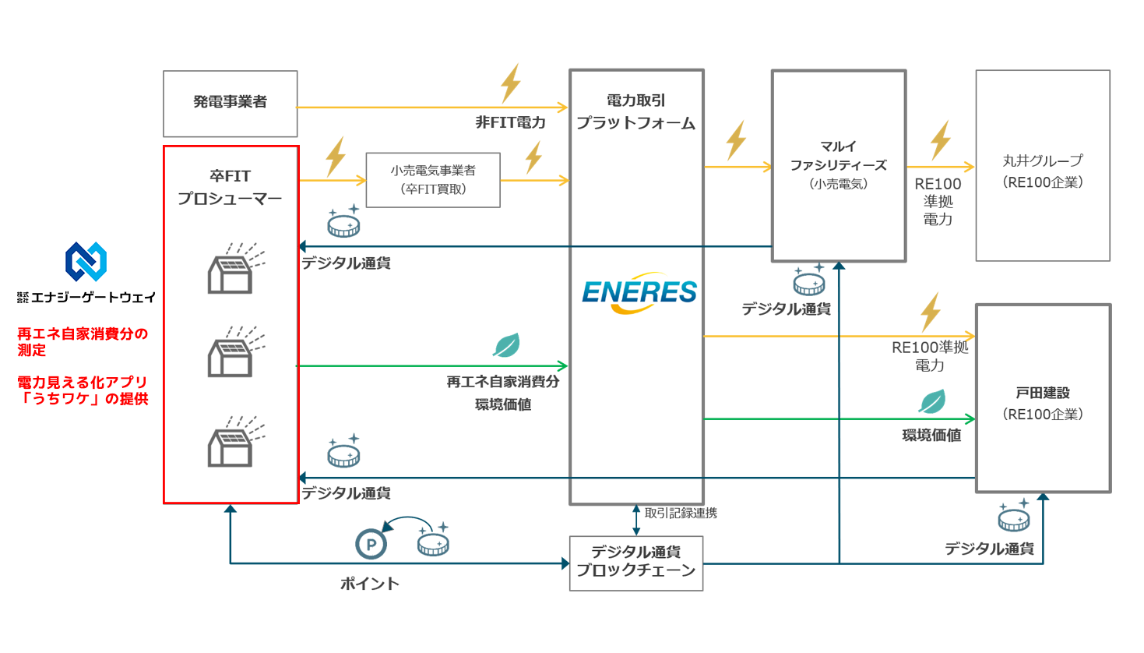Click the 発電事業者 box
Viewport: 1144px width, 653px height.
[x=230, y=103]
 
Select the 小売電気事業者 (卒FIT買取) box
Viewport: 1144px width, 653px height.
[x=433, y=180]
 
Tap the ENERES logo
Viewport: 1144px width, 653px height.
[x=639, y=293]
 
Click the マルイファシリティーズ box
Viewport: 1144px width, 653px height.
[x=838, y=165]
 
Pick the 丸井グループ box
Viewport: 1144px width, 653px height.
[x=1042, y=165]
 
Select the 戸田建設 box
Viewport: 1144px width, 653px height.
[x=1042, y=397]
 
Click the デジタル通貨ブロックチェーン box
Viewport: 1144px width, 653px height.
[x=635, y=563]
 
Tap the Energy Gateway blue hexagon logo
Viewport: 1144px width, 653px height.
[x=86, y=261]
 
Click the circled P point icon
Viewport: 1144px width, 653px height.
[x=371, y=544]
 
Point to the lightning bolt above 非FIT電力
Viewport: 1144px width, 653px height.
[x=510, y=83]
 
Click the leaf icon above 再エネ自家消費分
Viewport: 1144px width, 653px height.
[x=506, y=345]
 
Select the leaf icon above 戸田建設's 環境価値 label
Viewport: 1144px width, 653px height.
[x=931, y=401]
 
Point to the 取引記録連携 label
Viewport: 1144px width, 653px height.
[x=681, y=513]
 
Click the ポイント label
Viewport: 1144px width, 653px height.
[x=369, y=584]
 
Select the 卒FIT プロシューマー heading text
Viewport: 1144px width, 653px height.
[x=230, y=187]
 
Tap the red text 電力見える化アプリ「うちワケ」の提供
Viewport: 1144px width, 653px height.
[x=83, y=390]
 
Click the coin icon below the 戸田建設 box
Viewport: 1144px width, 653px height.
[x=1014, y=516]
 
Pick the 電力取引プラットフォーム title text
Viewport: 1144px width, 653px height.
[x=635, y=111]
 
